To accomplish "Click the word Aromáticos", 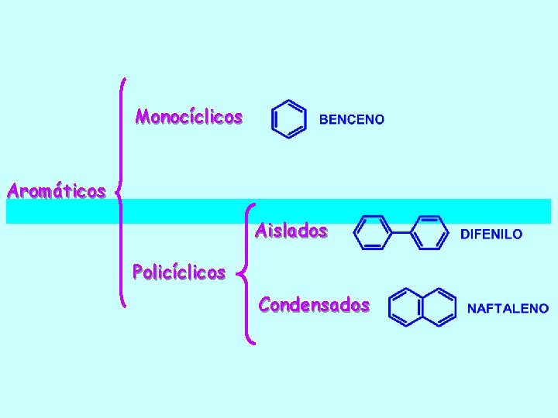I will pyautogui.click(x=56, y=190).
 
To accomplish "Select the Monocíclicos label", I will pyautogui.click(x=188, y=118).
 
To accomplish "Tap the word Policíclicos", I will pyautogui.click(x=179, y=272).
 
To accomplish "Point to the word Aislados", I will pyautogui.click(x=291, y=231).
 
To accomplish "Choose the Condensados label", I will pyautogui.click(x=314, y=305).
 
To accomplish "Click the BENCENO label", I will pyautogui.click(x=351, y=119).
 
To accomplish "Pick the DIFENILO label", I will pyautogui.click(x=491, y=233).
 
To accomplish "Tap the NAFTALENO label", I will pyautogui.click(x=508, y=308).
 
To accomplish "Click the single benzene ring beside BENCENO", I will pyautogui.click(x=288, y=119).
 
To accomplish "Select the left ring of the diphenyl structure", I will pyautogui.click(x=373, y=232).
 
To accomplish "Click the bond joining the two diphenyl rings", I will pyautogui.click(x=401, y=232).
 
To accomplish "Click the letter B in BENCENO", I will pyautogui.click(x=324, y=119).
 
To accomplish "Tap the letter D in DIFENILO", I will pyautogui.click(x=465, y=233).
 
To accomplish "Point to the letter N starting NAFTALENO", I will pyautogui.click(x=471, y=308).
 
